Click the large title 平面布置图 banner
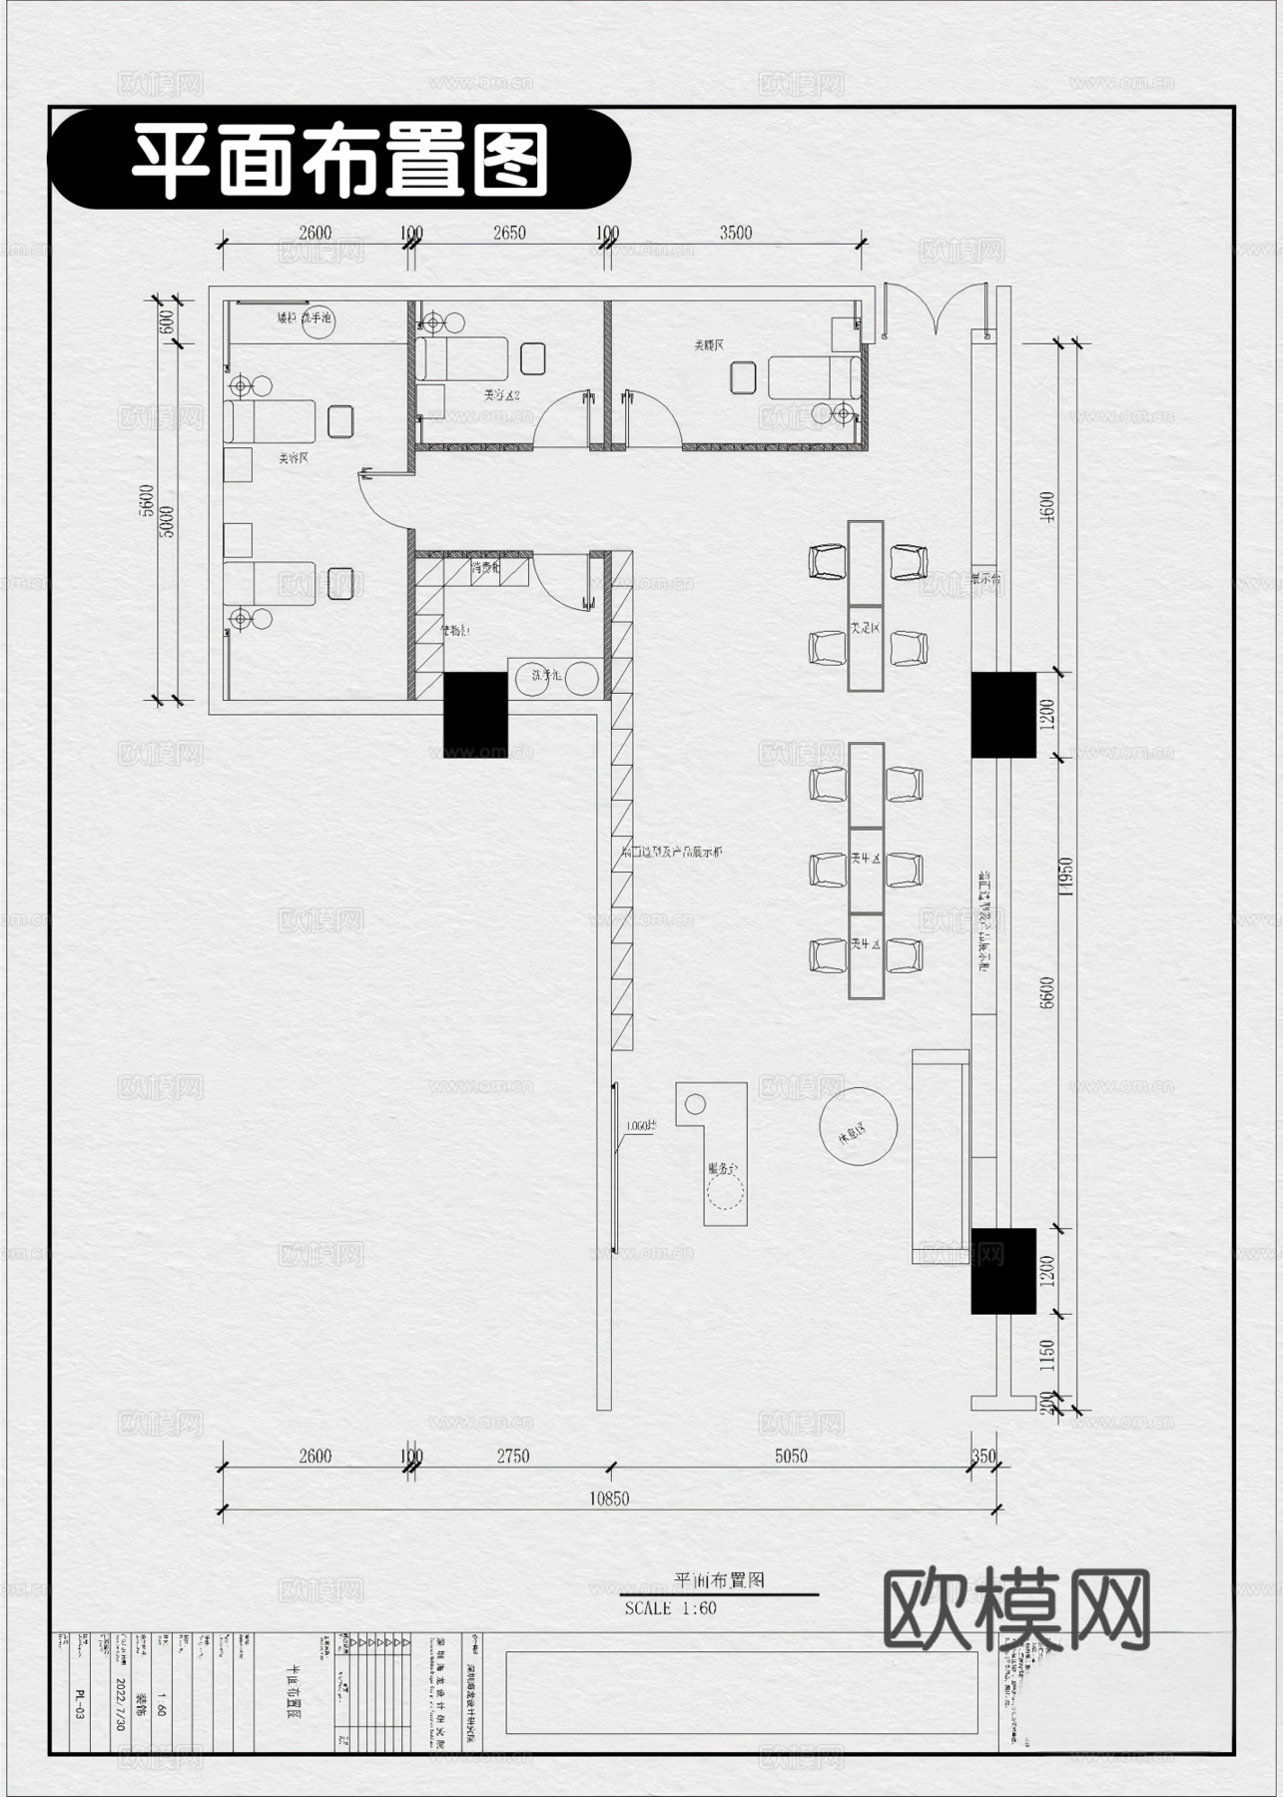click(x=339, y=160)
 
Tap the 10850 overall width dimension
click(x=609, y=1497)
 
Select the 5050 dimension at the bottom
click(x=791, y=1456)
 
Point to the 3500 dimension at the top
click(x=736, y=233)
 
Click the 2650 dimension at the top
click(x=509, y=233)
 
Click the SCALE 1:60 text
click(x=671, y=1608)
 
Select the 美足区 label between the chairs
click(x=865, y=629)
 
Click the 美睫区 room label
click(x=709, y=344)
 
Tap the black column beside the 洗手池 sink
click(x=475, y=714)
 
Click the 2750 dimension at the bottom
click(x=512, y=1456)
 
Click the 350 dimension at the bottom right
click(x=983, y=1456)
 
